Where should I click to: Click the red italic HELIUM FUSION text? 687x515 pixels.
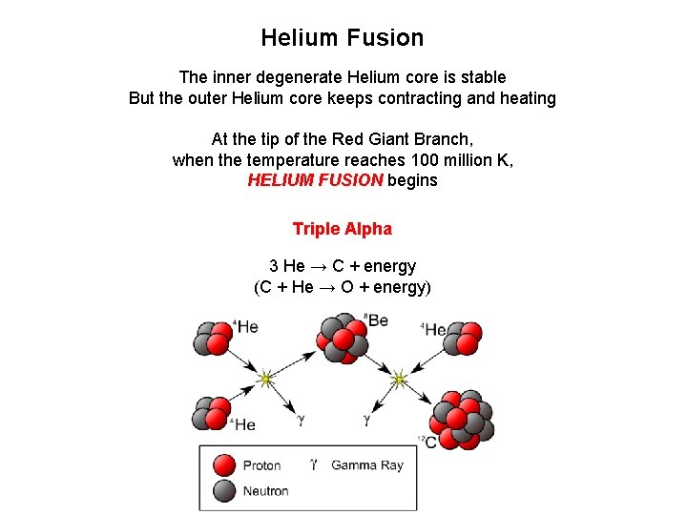(x=315, y=180)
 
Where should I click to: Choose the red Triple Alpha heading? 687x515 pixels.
(x=342, y=229)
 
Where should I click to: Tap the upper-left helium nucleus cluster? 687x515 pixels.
(x=212, y=338)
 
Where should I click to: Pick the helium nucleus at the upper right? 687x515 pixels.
(x=461, y=338)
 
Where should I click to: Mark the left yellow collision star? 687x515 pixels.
(x=266, y=380)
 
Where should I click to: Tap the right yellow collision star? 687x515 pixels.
(x=399, y=380)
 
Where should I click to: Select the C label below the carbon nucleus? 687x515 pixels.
(x=429, y=443)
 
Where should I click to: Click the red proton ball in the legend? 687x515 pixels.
(x=224, y=465)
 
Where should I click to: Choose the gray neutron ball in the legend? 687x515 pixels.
(x=224, y=491)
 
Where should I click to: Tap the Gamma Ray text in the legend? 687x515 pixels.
(x=367, y=465)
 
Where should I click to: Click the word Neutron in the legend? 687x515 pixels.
(x=265, y=491)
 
